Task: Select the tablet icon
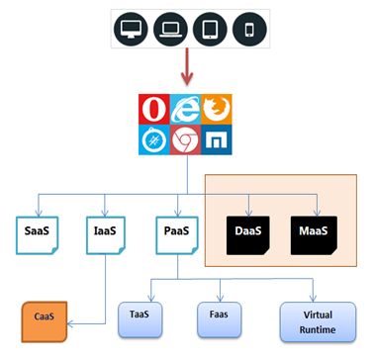point(207,30)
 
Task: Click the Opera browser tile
point(156,107)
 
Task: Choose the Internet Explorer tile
point(187,107)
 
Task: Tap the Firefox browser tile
point(218,107)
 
